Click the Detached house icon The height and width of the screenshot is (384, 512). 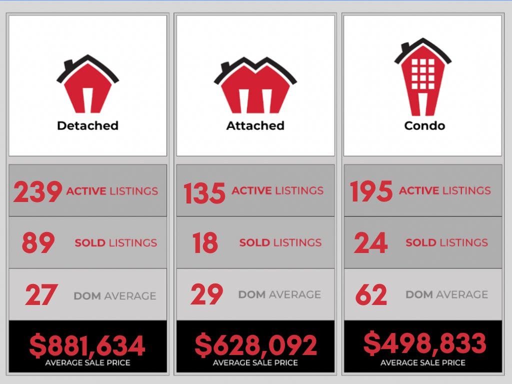87,85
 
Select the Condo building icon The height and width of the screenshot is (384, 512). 423,77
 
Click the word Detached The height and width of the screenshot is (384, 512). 87,125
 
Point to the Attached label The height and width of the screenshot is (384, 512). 255,125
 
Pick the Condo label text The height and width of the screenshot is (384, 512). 424,125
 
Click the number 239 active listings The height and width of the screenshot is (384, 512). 37,192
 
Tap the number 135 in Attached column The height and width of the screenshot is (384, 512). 204,193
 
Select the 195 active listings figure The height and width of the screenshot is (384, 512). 371,191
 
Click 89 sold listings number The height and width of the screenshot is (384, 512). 38,243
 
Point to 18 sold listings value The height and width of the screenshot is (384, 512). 205,243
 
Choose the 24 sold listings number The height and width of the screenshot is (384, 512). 370,243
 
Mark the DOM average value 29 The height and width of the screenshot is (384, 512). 206,294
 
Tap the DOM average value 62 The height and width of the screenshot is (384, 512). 371,294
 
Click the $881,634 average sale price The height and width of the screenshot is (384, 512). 87,345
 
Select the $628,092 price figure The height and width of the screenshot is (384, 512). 255,345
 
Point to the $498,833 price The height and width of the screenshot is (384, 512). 424,343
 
